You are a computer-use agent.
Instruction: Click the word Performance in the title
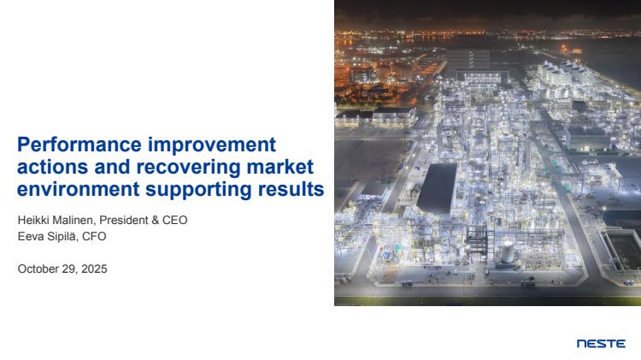79,145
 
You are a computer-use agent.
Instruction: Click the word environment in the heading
78,190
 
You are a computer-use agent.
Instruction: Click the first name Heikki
33,220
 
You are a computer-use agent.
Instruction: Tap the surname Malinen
74,221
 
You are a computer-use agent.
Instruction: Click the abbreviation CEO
175,220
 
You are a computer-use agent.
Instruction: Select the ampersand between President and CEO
156,220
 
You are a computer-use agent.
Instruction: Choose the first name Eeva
29,237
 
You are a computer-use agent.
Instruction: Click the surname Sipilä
61,237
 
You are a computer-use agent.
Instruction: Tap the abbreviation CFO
94,237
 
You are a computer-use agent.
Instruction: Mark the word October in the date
38,269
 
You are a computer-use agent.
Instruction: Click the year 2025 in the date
94,269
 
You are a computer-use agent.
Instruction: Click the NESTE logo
601,344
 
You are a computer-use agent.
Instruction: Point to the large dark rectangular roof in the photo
437,188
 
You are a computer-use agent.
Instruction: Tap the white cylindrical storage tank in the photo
508,251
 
